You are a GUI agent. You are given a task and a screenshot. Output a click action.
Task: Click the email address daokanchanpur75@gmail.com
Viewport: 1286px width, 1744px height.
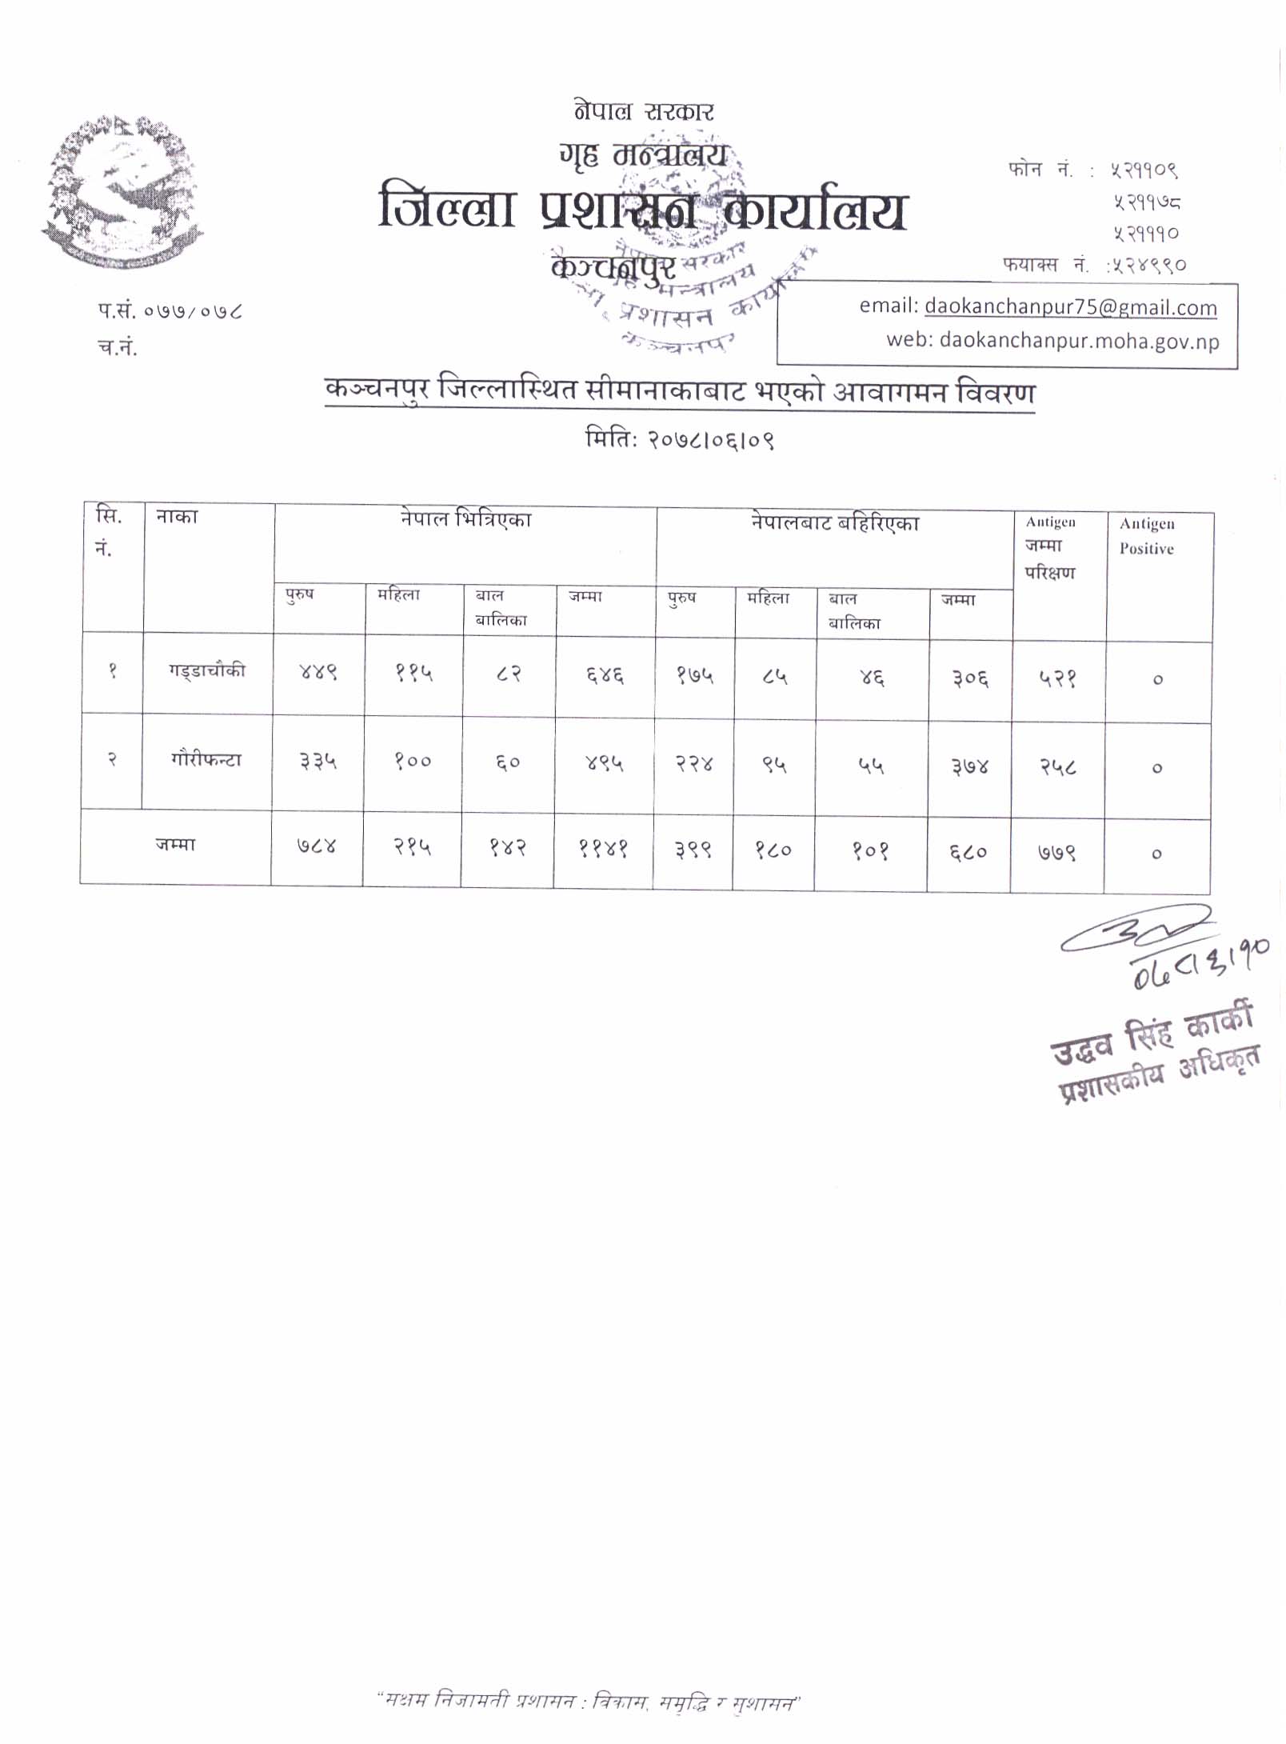pos(1070,307)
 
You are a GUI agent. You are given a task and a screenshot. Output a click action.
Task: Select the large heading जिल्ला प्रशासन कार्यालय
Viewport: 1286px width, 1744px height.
pos(642,210)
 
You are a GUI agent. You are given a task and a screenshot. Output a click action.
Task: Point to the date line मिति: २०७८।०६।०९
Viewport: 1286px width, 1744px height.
pos(680,439)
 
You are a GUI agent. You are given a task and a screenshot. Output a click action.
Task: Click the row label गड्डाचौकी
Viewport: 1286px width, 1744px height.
pos(206,670)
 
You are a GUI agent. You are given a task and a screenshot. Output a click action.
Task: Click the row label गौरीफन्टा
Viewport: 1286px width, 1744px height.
pos(206,759)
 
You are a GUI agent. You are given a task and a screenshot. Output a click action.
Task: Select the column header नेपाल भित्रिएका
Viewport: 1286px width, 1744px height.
pos(465,520)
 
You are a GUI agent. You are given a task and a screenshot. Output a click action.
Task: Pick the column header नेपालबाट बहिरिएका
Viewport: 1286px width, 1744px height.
pos(834,523)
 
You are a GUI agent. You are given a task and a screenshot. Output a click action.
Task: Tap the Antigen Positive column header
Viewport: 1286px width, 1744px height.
pos(1146,536)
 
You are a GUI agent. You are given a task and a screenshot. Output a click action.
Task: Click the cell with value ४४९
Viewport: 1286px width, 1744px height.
pos(318,672)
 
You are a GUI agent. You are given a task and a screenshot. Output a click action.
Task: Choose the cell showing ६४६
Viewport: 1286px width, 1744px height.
pos(604,676)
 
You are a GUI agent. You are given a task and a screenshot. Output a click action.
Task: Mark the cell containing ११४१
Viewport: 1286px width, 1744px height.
pos(603,849)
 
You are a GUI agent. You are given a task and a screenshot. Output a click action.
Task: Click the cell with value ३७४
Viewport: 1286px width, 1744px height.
pos(969,768)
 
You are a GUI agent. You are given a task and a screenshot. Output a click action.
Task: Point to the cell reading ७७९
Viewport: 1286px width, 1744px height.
pos(1056,853)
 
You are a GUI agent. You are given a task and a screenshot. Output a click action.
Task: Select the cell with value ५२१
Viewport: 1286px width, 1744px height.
pos(1057,679)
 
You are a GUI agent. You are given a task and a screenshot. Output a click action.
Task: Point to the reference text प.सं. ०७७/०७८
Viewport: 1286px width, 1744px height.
pos(170,311)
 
